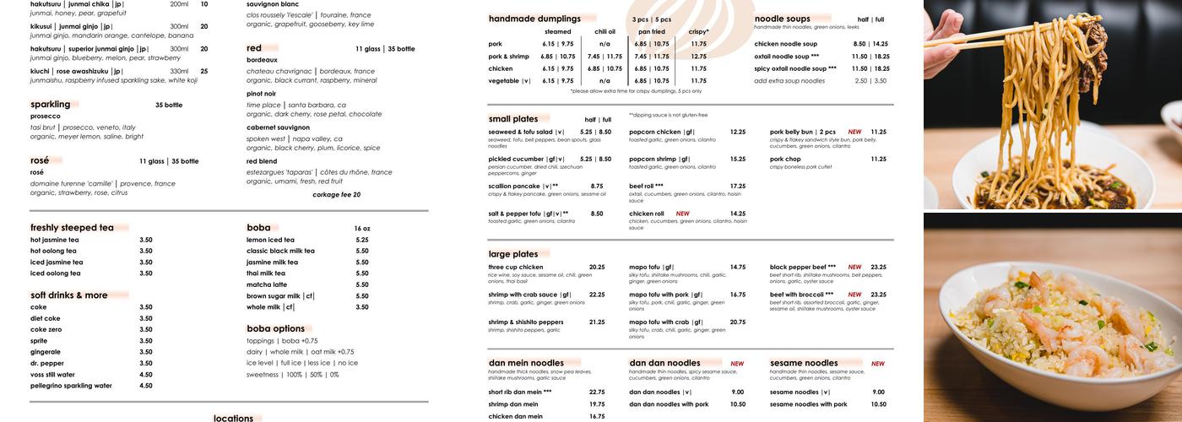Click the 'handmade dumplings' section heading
tap(534, 19)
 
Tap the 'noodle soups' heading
tap(782, 19)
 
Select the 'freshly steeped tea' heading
tap(72, 228)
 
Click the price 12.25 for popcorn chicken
tap(738, 132)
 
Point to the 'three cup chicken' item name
tap(516, 267)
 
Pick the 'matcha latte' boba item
tap(266, 284)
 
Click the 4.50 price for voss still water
tap(146, 375)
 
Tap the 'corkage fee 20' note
tap(336, 194)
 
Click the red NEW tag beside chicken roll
tap(682, 214)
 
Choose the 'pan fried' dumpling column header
tap(651, 32)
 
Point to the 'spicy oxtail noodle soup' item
tap(794, 68)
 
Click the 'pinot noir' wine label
tap(261, 94)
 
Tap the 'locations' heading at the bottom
tap(233, 418)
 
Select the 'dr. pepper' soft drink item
tap(49, 363)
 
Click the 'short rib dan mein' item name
tap(519, 392)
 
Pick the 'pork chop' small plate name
tap(785, 159)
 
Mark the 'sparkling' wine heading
tap(50, 105)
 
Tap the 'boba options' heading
tap(275, 328)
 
